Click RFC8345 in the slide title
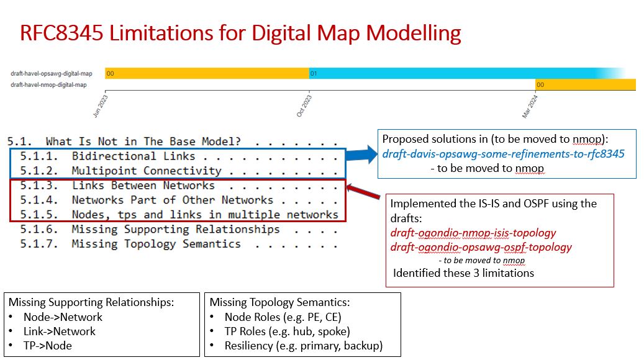click(61, 33)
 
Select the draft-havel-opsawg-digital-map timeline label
click(52, 73)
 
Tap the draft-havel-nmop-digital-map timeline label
click(48, 85)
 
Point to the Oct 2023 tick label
click(304, 106)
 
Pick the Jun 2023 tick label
click(101, 106)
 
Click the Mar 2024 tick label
click(530, 106)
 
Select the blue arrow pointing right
click(361, 155)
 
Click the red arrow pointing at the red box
click(363, 191)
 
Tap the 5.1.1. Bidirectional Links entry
click(107, 156)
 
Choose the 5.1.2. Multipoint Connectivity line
click(120, 171)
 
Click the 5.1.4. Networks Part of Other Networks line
click(147, 200)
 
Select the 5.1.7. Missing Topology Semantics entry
click(130, 245)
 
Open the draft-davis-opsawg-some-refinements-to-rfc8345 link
click(503, 154)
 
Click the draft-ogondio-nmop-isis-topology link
click(473, 233)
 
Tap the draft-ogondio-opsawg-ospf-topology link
click(481, 248)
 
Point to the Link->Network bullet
click(59, 331)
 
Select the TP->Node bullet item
click(47, 346)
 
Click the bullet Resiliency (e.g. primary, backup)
click(304, 346)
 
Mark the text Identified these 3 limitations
click(463, 273)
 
